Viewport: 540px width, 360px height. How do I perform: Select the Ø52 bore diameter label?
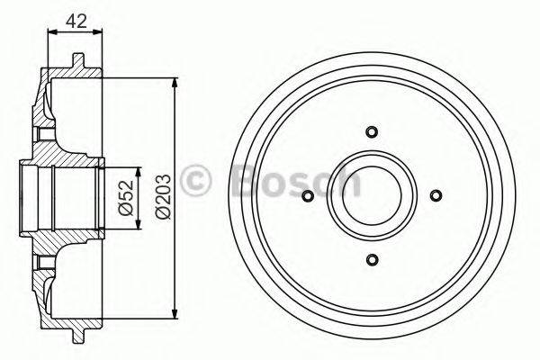(126, 196)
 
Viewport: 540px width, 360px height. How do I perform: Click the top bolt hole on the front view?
(371, 131)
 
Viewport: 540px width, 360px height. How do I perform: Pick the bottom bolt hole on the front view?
(371, 260)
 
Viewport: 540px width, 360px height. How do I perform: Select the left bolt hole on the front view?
(306, 196)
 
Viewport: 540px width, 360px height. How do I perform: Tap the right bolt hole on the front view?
(436, 196)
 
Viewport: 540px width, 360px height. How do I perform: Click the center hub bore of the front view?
(371, 196)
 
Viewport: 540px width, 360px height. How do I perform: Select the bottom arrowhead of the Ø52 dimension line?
(138, 223)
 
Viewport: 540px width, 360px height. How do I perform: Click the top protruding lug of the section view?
(77, 63)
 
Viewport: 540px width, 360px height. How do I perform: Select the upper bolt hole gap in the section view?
(40, 131)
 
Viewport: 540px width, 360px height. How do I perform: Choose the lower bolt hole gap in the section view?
(40, 261)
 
